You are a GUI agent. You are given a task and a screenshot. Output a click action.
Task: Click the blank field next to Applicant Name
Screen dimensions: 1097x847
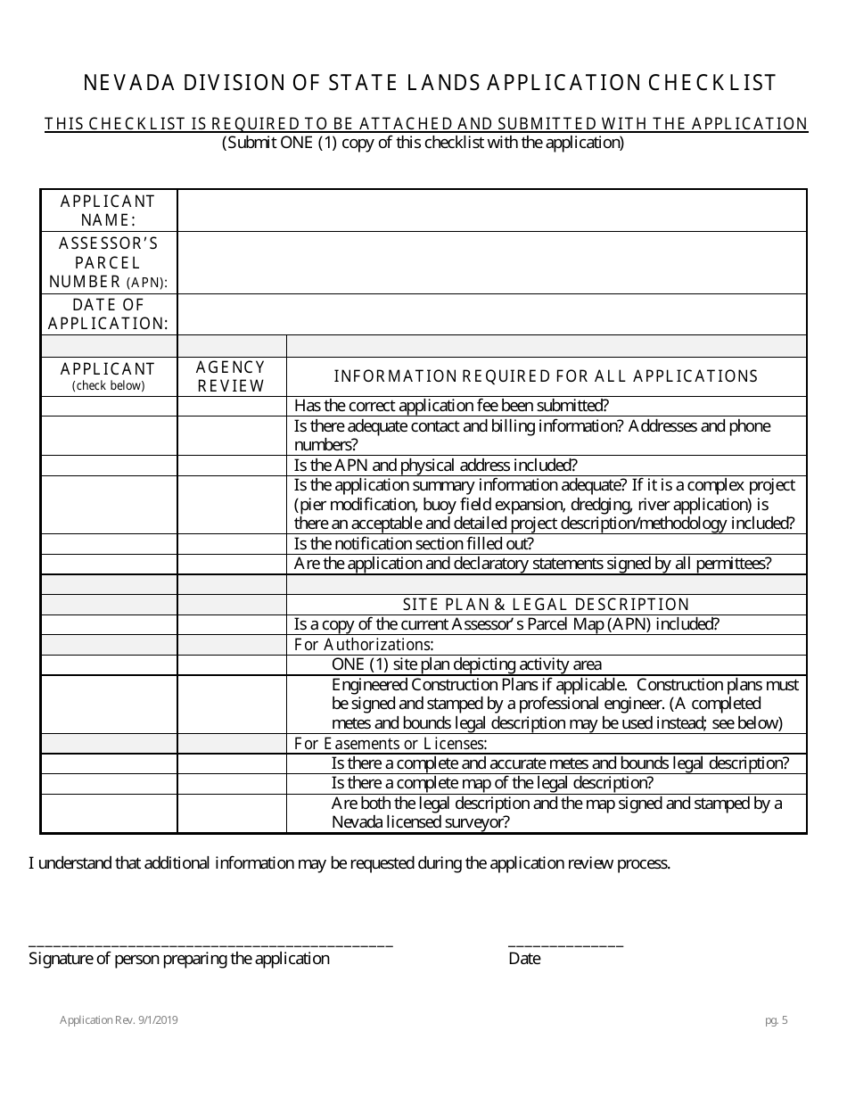(x=492, y=210)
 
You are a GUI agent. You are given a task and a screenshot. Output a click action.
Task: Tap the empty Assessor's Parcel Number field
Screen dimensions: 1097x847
(x=492, y=263)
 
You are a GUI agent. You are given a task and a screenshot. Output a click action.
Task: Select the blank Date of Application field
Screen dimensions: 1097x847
(x=492, y=314)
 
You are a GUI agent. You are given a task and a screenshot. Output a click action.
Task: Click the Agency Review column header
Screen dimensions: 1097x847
(x=231, y=376)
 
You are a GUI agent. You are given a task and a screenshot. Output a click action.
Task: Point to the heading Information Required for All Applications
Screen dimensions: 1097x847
(x=546, y=376)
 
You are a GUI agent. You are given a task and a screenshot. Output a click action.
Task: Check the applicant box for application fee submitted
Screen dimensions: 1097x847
(x=109, y=406)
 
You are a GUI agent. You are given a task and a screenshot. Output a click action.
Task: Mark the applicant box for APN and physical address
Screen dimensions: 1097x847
(x=109, y=466)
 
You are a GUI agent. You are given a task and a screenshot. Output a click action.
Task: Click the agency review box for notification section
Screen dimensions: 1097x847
(x=231, y=544)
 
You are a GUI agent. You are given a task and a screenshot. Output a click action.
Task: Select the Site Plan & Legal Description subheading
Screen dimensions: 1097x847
(x=546, y=605)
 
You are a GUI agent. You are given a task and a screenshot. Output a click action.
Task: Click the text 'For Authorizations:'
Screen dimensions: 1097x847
(x=364, y=645)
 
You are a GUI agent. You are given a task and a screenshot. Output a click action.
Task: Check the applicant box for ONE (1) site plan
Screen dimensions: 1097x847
(x=109, y=664)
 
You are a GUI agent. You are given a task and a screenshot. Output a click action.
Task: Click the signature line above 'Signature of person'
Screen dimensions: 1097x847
(x=210, y=944)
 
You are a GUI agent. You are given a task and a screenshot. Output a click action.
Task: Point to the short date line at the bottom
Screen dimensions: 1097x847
(x=565, y=944)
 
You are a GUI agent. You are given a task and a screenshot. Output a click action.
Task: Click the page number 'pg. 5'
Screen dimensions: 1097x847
(x=776, y=1021)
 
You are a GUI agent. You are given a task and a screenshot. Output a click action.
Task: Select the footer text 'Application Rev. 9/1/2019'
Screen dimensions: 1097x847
(x=119, y=1021)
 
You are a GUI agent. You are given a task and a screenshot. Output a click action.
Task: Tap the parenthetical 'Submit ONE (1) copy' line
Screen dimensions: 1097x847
(x=423, y=143)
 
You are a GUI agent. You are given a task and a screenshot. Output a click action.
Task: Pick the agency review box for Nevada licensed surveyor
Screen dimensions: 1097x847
(x=231, y=813)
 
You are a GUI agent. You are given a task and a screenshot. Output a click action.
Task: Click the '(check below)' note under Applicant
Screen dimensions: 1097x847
(x=108, y=386)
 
